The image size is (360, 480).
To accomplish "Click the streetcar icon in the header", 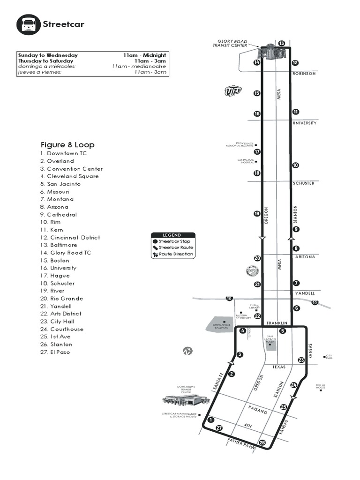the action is tap(28, 24).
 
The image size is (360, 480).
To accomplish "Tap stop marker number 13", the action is tap(281, 44).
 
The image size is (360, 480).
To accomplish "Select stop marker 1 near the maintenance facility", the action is tap(210, 420).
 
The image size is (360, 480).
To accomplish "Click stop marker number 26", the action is tap(262, 442).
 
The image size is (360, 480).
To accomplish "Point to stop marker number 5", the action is tap(283, 331).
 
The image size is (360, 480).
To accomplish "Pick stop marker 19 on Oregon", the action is tap(257, 214).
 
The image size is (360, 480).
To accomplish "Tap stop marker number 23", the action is tap(301, 360).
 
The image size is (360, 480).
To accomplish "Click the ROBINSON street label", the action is tap(304, 74).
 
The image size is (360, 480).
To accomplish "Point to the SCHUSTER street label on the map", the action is tap(303, 183).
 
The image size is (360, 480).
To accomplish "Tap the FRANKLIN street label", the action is tap(277, 324).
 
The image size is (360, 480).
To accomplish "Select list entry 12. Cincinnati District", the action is tap(70, 238).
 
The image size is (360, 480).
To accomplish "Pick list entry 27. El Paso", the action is tap(55, 352).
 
